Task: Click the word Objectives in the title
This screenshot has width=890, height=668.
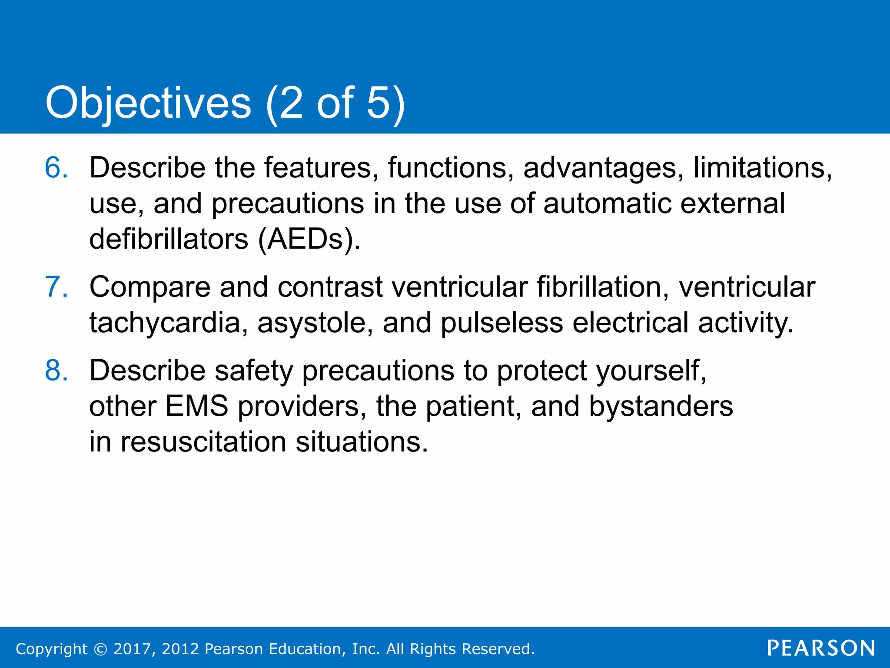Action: pos(148,103)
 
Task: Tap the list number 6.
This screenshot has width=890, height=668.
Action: pos(56,167)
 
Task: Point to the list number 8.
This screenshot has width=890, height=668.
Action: pos(56,371)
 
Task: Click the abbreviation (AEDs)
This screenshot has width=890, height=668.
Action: pos(309,239)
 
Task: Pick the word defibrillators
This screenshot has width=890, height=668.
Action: pos(169,239)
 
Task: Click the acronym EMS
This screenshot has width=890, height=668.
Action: pos(196,406)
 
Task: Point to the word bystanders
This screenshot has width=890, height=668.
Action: pos(661,406)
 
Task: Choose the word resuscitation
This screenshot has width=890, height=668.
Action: pos(203,442)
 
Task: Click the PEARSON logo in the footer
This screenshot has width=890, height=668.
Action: pos(820,648)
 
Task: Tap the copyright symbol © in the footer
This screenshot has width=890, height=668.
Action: pos(100,649)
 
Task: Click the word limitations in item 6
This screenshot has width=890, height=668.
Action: pos(762,167)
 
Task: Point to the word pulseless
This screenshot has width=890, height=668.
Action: pos(501,323)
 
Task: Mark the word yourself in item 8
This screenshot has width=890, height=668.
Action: pos(651,371)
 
